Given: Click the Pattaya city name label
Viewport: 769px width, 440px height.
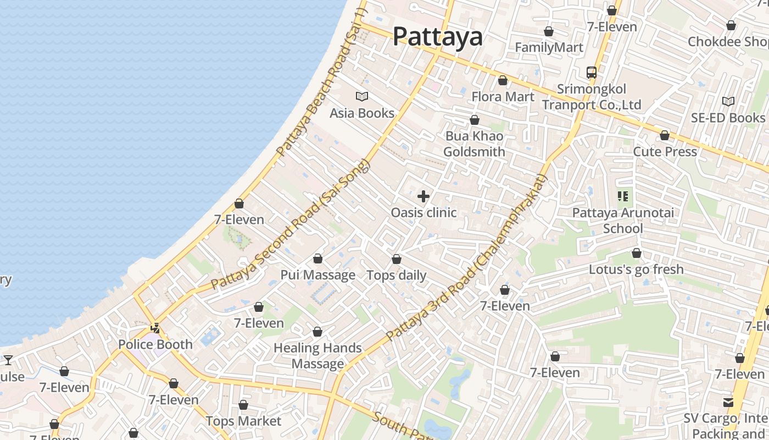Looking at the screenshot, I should tap(438, 37).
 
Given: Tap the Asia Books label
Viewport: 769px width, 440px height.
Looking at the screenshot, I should tap(362, 113).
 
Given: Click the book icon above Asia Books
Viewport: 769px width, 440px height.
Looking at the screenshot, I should tap(362, 97).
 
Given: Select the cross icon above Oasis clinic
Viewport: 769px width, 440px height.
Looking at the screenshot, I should tap(423, 196).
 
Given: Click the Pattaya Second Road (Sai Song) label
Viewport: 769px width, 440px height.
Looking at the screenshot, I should tap(291, 226).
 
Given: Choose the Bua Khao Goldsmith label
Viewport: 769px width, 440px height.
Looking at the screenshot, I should tap(474, 144).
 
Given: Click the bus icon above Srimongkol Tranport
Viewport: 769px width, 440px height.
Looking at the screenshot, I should tap(592, 72).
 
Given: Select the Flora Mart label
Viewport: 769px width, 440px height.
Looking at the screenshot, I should tap(503, 97).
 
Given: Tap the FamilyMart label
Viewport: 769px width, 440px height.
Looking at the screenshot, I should tap(549, 48).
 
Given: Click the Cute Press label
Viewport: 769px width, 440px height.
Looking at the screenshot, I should tap(665, 152).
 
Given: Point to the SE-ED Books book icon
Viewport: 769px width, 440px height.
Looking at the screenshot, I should tap(728, 101).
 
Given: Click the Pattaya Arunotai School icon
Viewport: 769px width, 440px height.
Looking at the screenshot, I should tap(623, 196).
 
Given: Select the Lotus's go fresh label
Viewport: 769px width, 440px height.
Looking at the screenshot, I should tap(636, 269).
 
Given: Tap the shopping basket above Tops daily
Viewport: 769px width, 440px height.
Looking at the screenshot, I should tap(397, 258).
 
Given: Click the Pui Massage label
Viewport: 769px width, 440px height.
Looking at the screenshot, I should tap(318, 275).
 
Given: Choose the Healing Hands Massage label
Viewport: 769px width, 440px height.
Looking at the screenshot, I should tap(317, 356).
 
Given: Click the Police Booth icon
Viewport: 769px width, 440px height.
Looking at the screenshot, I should tap(156, 328).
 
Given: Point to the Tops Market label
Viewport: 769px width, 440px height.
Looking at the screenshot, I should tap(243, 421).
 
